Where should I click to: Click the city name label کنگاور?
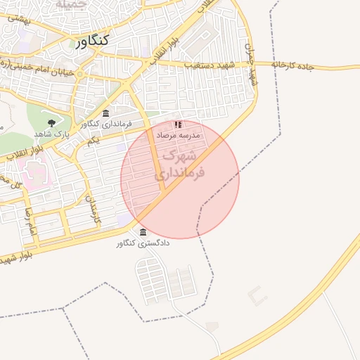point(91,41)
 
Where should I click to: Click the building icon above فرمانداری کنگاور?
point(105,113)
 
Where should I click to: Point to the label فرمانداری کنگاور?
point(105,124)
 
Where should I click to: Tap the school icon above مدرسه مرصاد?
point(178,124)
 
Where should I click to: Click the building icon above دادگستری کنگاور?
point(143,233)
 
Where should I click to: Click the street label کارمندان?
point(94,209)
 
